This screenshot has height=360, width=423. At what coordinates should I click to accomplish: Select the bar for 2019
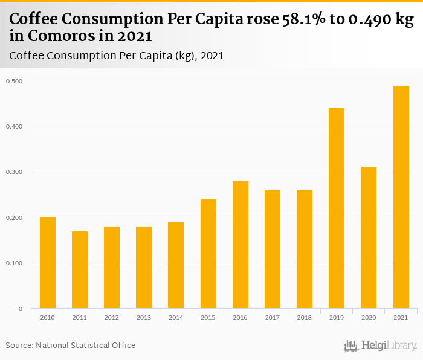click(x=336, y=208)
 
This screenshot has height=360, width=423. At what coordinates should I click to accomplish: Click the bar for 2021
click(x=401, y=197)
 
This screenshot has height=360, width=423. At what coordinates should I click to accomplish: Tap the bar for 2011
click(x=80, y=269)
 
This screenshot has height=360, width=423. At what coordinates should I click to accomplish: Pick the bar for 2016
click(x=240, y=245)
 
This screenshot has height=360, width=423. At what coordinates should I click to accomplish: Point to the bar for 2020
click(x=368, y=238)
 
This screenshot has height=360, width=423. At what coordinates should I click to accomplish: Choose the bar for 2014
click(x=176, y=265)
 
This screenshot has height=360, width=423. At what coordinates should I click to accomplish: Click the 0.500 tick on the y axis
click(x=14, y=81)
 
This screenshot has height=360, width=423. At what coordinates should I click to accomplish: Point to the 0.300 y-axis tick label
click(x=14, y=172)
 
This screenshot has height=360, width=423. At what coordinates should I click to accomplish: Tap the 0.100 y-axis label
click(x=14, y=263)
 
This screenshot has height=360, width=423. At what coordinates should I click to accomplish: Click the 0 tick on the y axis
click(x=20, y=309)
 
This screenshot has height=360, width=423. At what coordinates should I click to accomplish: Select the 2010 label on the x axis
click(x=48, y=317)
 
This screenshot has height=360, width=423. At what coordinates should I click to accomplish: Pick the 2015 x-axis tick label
click(x=208, y=317)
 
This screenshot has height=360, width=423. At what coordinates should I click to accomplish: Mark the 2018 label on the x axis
click(x=304, y=317)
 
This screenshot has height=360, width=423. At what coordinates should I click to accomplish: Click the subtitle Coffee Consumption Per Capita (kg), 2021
click(x=117, y=56)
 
